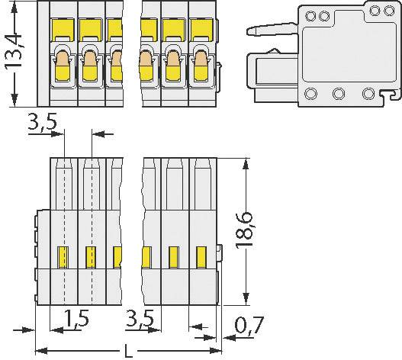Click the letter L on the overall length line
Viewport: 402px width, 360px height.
click(127, 352)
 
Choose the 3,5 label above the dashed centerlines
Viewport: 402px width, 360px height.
click(43, 122)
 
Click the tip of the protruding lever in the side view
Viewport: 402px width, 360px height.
click(249, 31)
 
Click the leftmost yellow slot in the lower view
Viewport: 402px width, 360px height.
click(64, 256)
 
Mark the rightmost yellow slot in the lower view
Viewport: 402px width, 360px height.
click(201, 256)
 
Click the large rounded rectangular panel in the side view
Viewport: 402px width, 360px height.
click(334, 55)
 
